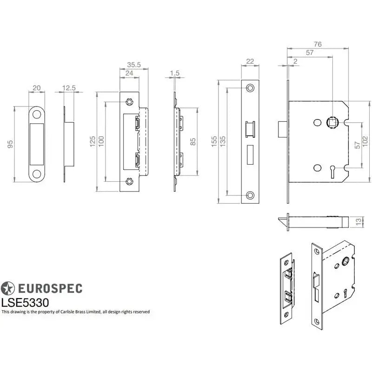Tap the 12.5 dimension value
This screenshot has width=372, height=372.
[x=68, y=87]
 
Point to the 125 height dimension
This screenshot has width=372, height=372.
[x=93, y=140]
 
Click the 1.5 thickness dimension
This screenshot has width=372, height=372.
[x=175, y=73]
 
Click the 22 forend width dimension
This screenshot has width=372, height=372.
[x=250, y=61]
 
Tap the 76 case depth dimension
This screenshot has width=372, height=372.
[x=318, y=44]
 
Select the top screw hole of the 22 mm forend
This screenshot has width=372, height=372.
[x=250, y=87]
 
